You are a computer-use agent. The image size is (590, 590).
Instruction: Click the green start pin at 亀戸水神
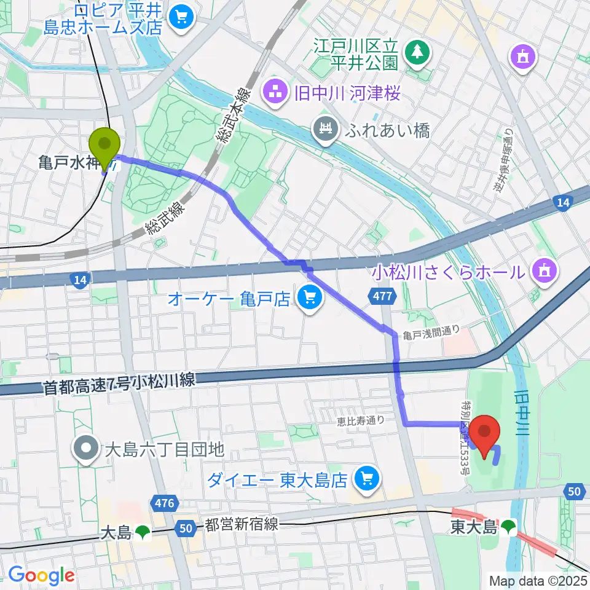coord(105,145)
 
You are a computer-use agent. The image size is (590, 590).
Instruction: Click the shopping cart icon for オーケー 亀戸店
coord(308,299)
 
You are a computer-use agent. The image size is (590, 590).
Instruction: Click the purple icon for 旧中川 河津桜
coord(272,94)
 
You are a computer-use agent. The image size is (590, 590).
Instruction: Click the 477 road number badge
coord(381,297)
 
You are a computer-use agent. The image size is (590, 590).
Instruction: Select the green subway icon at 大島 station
coord(143,532)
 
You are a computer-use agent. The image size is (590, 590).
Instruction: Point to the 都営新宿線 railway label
coord(241,524)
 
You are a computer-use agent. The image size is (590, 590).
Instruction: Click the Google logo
coord(41,576)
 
